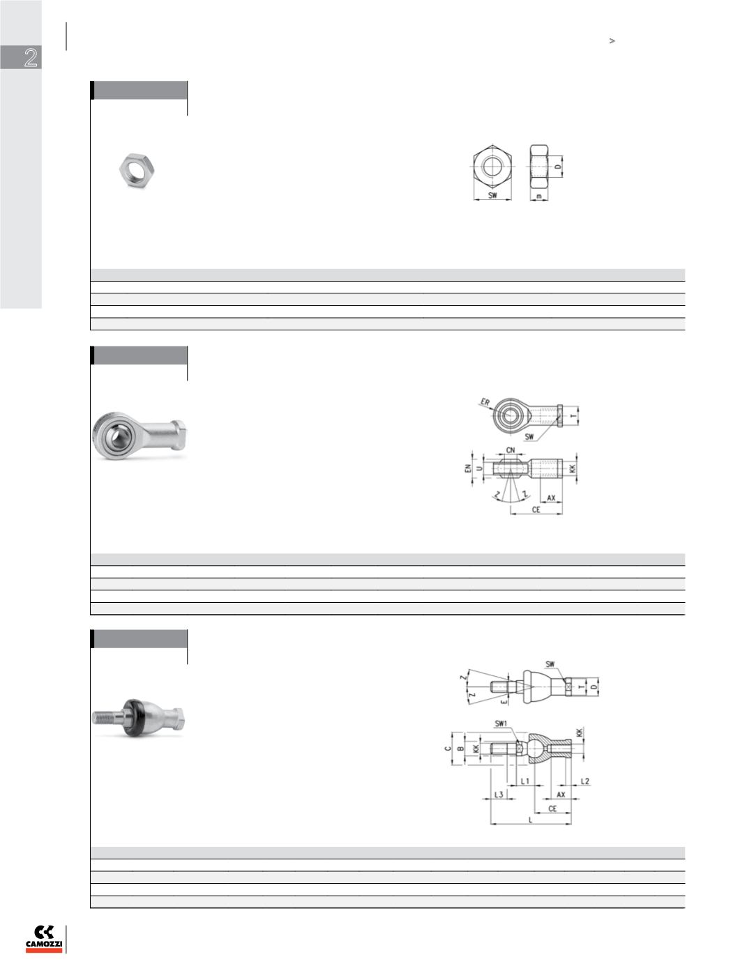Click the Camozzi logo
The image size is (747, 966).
[x=44, y=938]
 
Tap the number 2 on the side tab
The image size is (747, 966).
[x=31, y=57]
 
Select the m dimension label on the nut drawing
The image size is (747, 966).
[x=538, y=196]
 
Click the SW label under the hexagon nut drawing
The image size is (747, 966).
[x=492, y=195]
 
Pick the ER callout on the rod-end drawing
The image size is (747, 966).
[x=485, y=402]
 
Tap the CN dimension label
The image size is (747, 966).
[x=511, y=450]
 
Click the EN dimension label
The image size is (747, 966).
[x=467, y=468]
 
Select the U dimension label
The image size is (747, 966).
[x=479, y=468]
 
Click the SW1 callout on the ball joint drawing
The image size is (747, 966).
[x=501, y=723]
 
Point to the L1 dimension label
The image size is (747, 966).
[x=525, y=781]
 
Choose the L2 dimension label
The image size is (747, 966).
[x=585, y=781]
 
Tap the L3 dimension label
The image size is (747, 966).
[x=499, y=795]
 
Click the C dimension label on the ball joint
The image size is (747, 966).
[x=448, y=748]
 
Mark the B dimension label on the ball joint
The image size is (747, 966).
[x=460, y=748]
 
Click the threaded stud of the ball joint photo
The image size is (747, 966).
[x=107, y=717]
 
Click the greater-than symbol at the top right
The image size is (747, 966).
[x=612, y=41]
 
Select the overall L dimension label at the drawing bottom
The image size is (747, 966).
[x=530, y=820]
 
